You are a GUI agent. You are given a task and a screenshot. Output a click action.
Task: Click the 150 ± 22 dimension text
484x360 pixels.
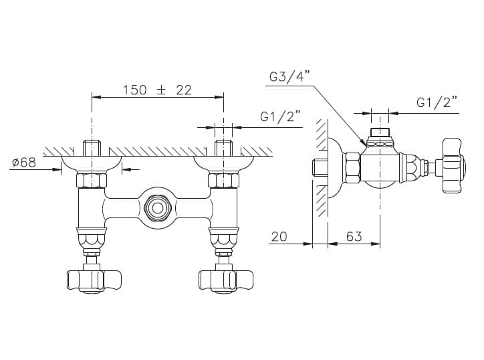[x=157, y=90]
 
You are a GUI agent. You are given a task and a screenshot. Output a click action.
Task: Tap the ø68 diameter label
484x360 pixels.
[x=24, y=163]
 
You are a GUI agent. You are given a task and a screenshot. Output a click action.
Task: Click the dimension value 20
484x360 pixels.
[x=279, y=236]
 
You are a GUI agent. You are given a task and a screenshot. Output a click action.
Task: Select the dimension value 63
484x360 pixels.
[x=354, y=236]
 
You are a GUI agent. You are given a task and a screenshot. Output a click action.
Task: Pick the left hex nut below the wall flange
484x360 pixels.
[x=91, y=180]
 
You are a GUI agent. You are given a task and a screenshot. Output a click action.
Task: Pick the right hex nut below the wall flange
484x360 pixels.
[x=223, y=180]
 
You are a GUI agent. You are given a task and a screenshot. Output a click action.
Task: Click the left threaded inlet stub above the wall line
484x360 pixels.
[x=91, y=147]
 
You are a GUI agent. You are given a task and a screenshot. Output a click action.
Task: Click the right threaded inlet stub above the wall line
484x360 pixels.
[x=223, y=147]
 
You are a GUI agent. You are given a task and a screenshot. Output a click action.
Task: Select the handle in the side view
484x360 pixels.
[x=451, y=165]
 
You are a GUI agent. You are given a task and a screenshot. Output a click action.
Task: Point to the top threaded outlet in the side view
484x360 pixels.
[x=380, y=134]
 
